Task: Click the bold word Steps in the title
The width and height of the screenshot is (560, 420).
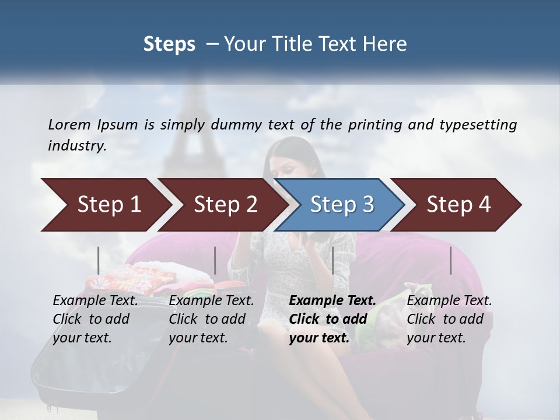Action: pyautogui.click(x=169, y=44)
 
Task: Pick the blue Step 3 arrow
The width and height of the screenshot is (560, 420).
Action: pyautogui.click(x=342, y=204)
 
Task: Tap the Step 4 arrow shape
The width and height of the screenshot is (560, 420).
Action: pyautogui.click(x=459, y=204)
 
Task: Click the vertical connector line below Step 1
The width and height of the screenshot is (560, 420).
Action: pyautogui.click(x=99, y=260)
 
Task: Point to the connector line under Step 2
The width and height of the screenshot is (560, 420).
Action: pyautogui.click(x=215, y=260)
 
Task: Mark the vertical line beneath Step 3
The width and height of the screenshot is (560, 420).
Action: pyautogui.click(x=332, y=260)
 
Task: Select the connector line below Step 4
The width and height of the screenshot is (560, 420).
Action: pyautogui.click(x=450, y=260)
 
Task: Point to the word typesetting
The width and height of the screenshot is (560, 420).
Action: pyautogui.click(x=482, y=124)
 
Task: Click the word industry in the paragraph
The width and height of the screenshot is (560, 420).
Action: pyautogui.click(x=77, y=146)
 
